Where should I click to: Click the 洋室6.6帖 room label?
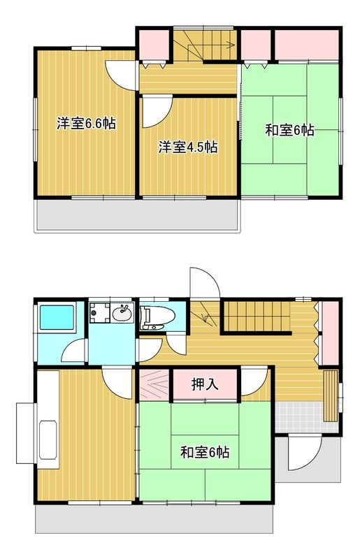[86, 124]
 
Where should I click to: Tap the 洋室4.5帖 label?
[188, 147]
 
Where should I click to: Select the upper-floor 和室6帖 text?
[289, 130]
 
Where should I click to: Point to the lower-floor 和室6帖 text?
[205, 452]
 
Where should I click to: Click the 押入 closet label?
[205, 384]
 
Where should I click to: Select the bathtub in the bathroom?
[57, 317]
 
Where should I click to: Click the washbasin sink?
[122, 313]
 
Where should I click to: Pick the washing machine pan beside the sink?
[99, 312]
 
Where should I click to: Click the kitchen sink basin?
[48, 440]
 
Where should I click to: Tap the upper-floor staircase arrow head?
[231, 45]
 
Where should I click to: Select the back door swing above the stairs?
[204, 282]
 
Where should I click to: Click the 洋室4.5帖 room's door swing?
[157, 112]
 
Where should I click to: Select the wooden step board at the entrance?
[331, 395]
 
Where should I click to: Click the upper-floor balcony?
[138, 215]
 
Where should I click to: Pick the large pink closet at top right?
[306, 45]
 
